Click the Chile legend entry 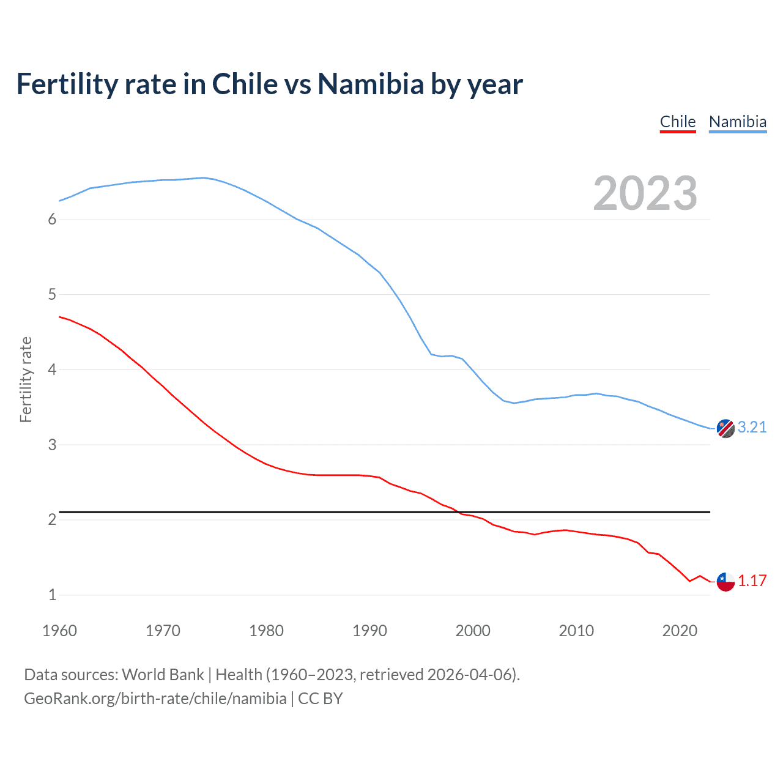click(x=678, y=122)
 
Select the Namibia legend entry click(x=737, y=122)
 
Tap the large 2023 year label click(x=645, y=193)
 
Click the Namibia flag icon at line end click(x=725, y=429)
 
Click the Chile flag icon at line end click(x=725, y=582)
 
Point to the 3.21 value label click(x=752, y=427)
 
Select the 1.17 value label click(x=752, y=581)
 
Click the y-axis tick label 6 click(x=52, y=220)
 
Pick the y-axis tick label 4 click(x=52, y=369)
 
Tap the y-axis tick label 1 click(x=52, y=595)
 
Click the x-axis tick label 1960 click(x=59, y=631)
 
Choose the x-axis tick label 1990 click(x=369, y=631)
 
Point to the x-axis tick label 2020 click(x=680, y=631)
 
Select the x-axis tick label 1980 click(x=266, y=631)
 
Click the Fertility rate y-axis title click(x=26, y=379)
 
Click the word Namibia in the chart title click(x=370, y=84)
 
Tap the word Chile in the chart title click(x=245, y=84)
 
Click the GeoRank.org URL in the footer click(x=155, y=699)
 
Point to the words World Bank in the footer click(x=163, y=675)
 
